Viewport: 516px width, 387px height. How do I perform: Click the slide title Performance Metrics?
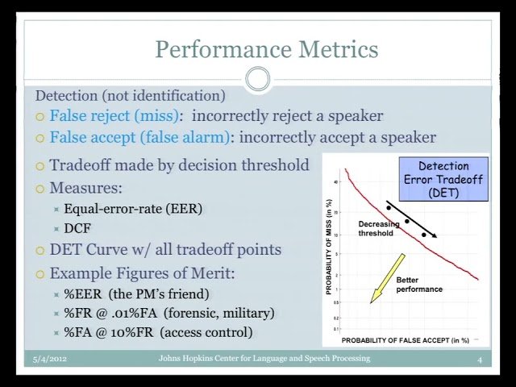(266, 49)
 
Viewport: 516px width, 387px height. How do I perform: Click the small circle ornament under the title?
(258, 79)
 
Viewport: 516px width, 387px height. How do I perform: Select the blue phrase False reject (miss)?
(116, 116)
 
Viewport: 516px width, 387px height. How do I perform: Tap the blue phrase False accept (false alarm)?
(139, 137)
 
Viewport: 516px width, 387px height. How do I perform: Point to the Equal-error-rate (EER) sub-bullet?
(133, 209)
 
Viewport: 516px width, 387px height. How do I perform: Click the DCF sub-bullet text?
(77, 229)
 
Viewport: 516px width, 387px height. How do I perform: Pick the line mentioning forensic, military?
(169, 313)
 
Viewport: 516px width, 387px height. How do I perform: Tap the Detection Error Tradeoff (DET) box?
(443, 179)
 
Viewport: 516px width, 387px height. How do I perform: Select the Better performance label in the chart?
(418, 285)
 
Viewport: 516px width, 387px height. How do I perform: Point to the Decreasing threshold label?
(378, 228)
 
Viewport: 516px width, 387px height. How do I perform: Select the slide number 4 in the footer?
(479, 360)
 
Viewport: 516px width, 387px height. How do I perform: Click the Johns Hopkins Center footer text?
(264, 359)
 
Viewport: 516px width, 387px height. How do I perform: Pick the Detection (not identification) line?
(130, 95)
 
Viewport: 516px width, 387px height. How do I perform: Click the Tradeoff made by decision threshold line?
(179, 165)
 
